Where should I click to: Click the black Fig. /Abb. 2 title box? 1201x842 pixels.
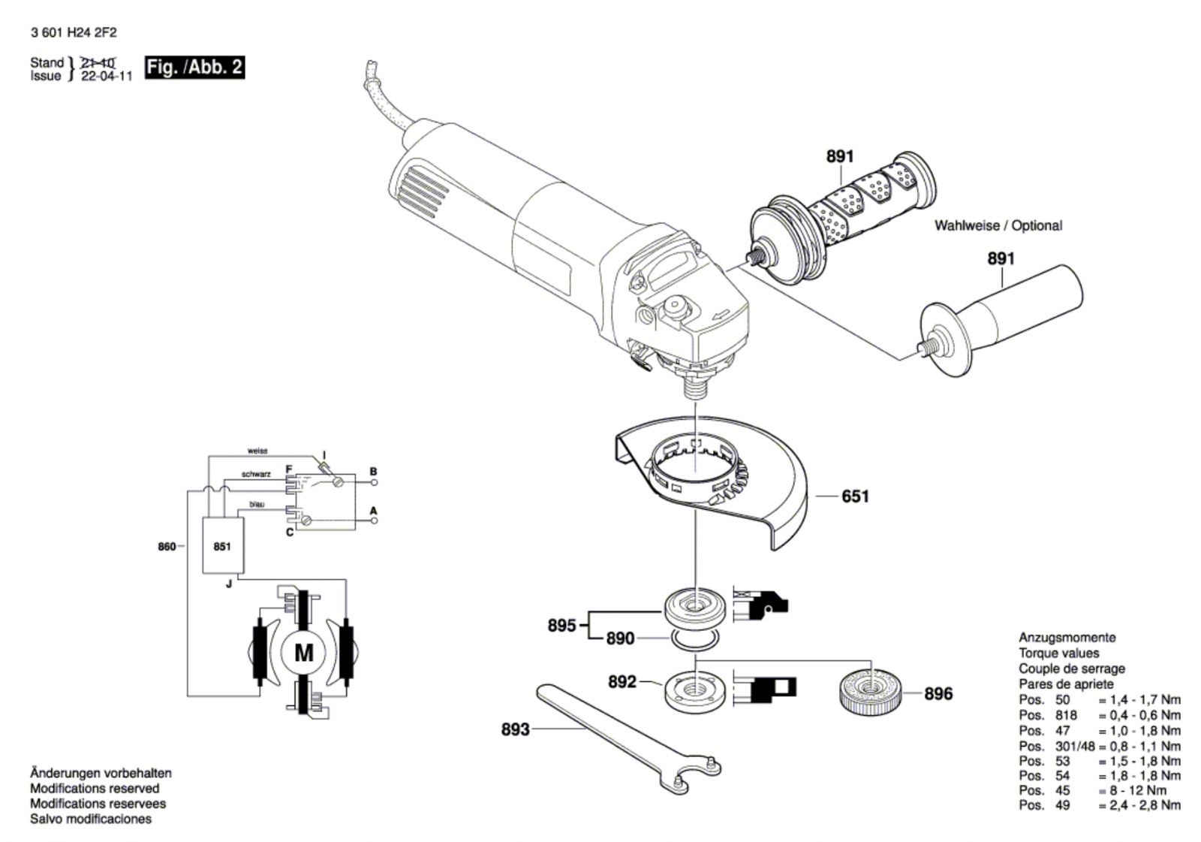click(x=195, y=68)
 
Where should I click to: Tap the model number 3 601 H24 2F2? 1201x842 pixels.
click(x=74, y=33)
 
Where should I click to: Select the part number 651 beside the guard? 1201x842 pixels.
click(x=855, y=496)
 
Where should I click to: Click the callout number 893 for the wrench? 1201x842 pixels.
click(x=515, y=730)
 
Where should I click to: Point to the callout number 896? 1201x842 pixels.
click(x=938, y=694)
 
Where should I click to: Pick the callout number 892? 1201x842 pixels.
click(x=622, y=682)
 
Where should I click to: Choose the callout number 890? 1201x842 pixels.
click(x=620, y=638)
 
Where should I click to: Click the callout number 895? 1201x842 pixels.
click(x=562, y=626)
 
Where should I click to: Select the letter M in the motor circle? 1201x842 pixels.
click(x=304, y=653)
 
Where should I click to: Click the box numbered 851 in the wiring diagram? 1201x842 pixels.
click(x=222, y=546)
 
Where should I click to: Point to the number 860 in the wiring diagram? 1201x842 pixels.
click(x=167, y=546)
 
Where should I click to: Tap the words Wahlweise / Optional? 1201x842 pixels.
click(x=998, y=225)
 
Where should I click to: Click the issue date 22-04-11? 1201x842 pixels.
click(x=106, y=76)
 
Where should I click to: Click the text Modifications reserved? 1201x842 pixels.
click(x=95, y=789)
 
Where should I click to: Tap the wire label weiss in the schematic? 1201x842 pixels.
click(x=257, y=451)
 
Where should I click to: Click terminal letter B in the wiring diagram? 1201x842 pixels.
click(x=374, y=471)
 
